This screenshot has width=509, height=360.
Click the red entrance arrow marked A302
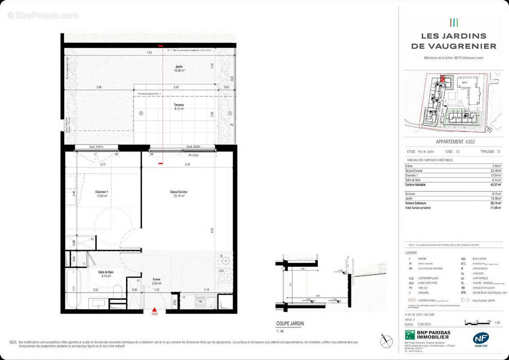[x=154, y=310]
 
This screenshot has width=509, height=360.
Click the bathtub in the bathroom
[x=72, y=288]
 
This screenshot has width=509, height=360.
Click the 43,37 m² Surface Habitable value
[x=496, y=184]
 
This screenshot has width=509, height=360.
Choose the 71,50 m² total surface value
[x=496, y=207]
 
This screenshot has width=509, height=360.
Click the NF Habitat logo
[x=480, y=339]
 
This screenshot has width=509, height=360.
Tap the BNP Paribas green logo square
[x=410, y=335]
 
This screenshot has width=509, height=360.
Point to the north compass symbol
[x=386, y=341]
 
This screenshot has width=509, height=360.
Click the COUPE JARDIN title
[x=290, y=323]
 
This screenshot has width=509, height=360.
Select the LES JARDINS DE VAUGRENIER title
[x=453, y=41]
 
